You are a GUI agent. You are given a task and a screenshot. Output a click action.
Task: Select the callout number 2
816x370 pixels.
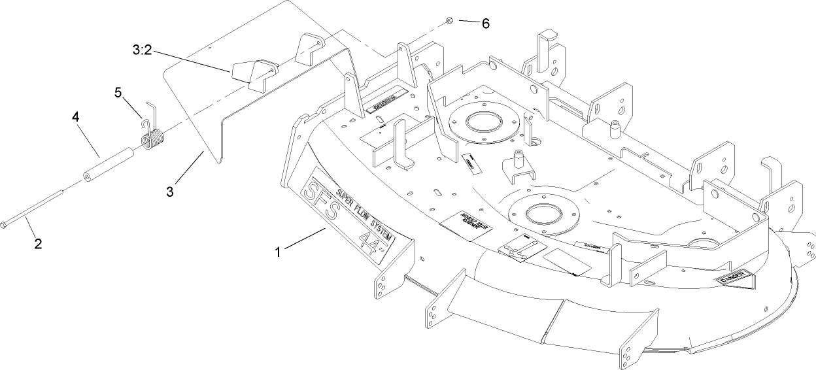38,244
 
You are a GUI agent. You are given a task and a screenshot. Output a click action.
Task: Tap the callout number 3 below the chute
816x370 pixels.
169,192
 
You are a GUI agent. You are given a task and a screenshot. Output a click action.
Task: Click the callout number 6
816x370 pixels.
484,23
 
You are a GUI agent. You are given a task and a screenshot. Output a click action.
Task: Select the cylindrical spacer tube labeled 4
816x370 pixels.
109,166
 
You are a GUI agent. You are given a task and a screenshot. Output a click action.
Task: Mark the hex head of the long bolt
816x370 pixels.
7,224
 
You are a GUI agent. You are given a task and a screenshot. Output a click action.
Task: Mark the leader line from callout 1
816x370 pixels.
304,240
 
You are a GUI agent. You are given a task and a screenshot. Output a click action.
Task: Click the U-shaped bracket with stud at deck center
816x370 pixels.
518,167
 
